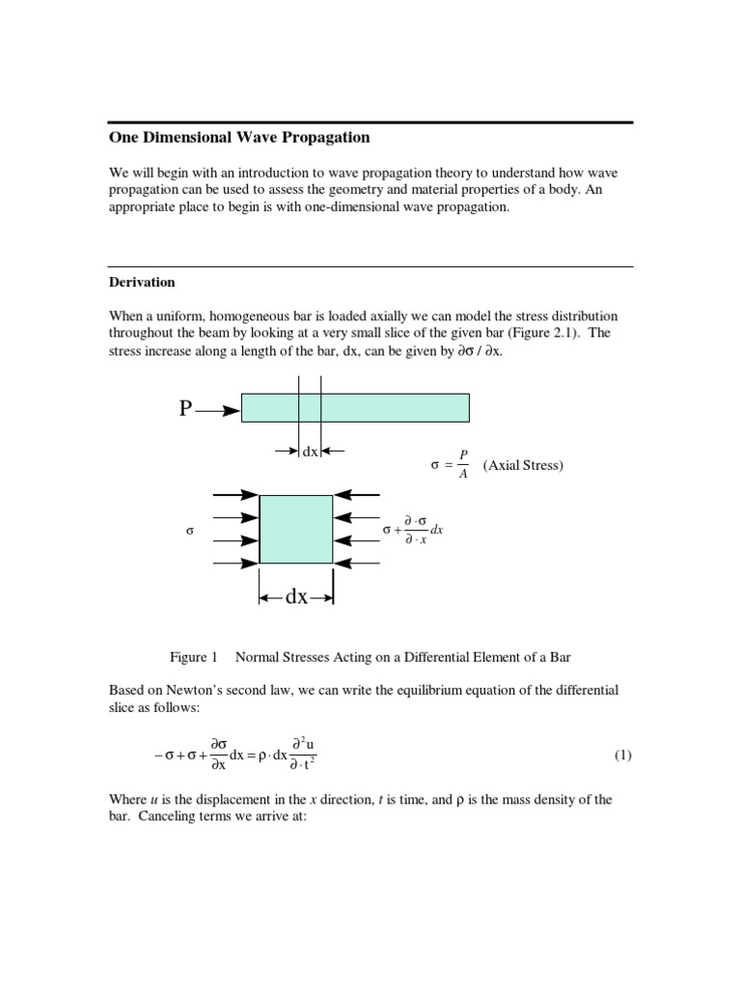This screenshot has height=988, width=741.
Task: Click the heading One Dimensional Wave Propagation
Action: tap(238, 138)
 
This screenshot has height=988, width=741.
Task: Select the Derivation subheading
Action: tap(141, 283)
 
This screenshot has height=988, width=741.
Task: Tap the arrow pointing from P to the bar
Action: tap(218, 410)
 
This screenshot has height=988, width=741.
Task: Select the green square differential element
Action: tap(296, 529)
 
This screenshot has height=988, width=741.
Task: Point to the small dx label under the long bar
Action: tap(310, 451)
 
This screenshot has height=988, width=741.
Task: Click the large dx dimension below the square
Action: tap(296, 597)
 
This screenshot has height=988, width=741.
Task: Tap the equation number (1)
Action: tap(622, 755)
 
